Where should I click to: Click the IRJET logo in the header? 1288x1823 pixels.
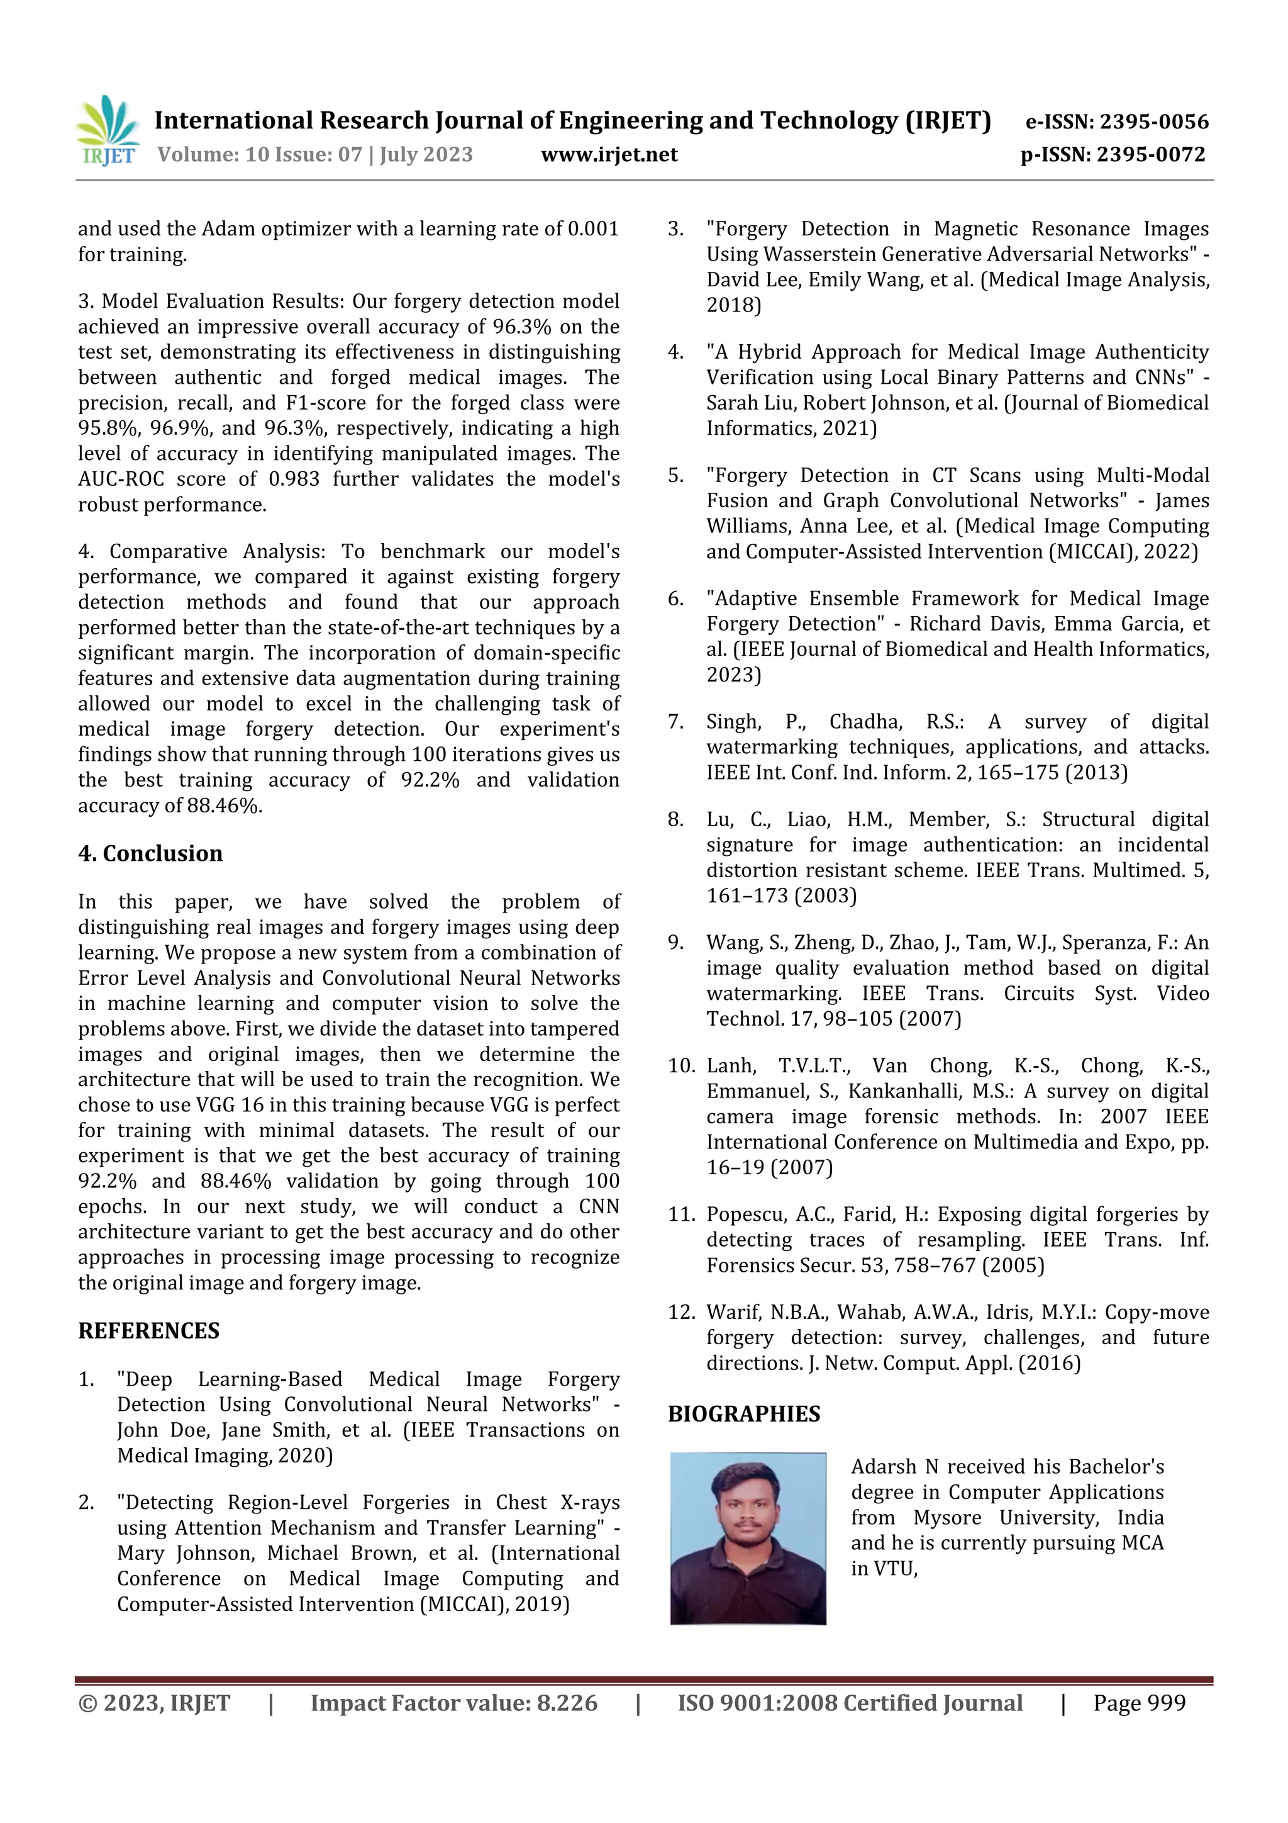pos(108,130)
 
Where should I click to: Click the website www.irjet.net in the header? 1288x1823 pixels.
pos(609,154)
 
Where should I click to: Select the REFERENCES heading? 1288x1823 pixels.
pos(148,1331)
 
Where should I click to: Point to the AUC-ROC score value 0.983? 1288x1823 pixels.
pos(294,479)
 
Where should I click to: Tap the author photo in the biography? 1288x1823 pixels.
pos(748,1538)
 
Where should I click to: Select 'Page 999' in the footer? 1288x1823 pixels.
pos(1139,1702)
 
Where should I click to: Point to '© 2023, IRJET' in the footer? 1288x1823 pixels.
pos(154,1702)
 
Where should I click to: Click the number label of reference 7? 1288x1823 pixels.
pos(675,722)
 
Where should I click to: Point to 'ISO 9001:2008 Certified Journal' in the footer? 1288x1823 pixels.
pos(849,1702)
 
